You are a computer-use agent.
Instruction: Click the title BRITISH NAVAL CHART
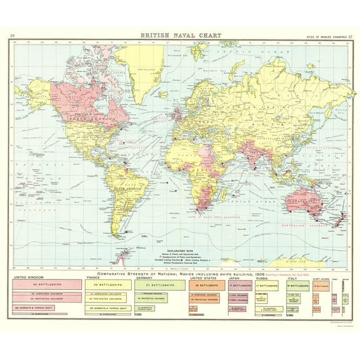point(179,36)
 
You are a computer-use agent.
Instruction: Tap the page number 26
point(13,36)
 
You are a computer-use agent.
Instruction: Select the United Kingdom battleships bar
point(49,284)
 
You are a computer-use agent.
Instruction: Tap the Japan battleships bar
point(240,284)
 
